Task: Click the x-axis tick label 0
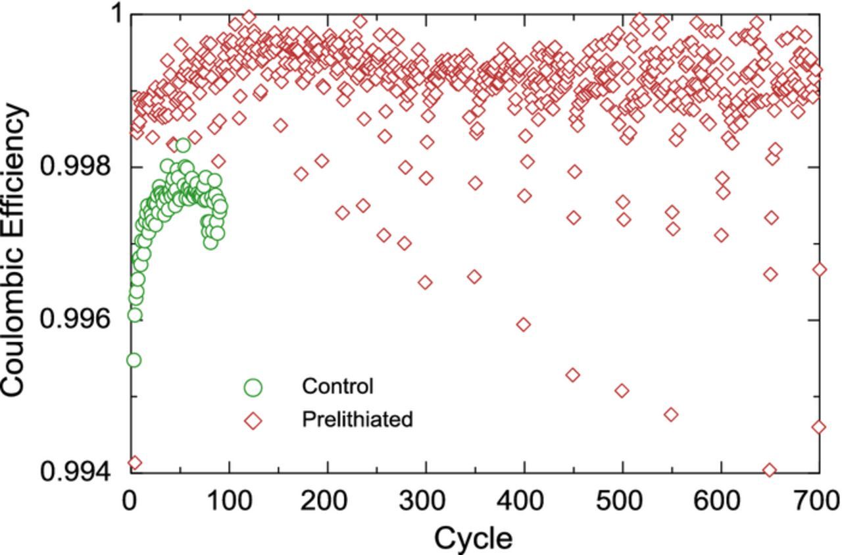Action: coord(130,502)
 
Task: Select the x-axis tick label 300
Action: coord(426,502)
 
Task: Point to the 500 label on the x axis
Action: coord(622,502)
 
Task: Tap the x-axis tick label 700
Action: coord(818,502)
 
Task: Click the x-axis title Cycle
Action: coord(473,538)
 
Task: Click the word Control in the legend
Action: coord(337,386)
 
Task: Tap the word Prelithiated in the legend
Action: coord(357,419)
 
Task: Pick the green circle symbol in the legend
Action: coord(253,388)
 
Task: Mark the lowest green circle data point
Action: coord(134,360)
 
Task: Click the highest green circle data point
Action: coord(183,145)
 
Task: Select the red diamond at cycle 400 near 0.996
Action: coord(524,324)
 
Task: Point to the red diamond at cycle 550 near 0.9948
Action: coord(671,414)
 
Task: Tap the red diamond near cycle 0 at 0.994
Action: coord(134,463)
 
